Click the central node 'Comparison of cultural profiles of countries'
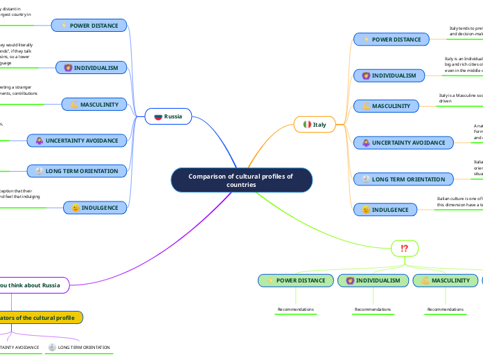coord(241,180)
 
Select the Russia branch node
coord(168,116)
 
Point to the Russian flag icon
coord(158,116)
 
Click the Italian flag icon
coord(307,125)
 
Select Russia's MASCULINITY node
coord(94,105)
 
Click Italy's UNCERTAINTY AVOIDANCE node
coord(403,143)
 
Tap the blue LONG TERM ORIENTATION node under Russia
coord(77,170)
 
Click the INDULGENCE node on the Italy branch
coord(385,208)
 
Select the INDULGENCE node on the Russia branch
coord(95,207)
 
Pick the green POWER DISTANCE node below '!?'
coord(296,280)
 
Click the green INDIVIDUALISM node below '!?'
coord(373,280)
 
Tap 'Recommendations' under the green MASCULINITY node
coord(445,309)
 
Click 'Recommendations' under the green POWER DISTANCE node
coord(296,309)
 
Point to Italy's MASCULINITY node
coord(387,106)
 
